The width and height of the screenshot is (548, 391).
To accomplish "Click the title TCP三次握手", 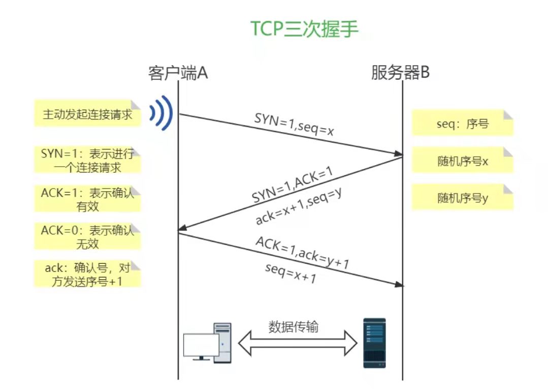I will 305,29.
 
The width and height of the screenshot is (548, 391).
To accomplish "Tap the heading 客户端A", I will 178,73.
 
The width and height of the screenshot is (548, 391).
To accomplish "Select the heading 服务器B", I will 400,73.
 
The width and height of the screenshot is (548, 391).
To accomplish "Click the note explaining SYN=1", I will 87,160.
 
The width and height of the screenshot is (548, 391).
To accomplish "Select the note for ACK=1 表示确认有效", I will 87,199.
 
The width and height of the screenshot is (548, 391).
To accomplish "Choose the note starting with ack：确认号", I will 87,274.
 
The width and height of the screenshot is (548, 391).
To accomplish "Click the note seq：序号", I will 462,123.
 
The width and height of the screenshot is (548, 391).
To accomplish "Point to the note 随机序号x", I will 462,161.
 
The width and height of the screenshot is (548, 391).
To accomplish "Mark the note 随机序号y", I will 462,198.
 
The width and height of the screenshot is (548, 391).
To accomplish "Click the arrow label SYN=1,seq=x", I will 295,125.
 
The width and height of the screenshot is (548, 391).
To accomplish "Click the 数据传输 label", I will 294,326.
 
